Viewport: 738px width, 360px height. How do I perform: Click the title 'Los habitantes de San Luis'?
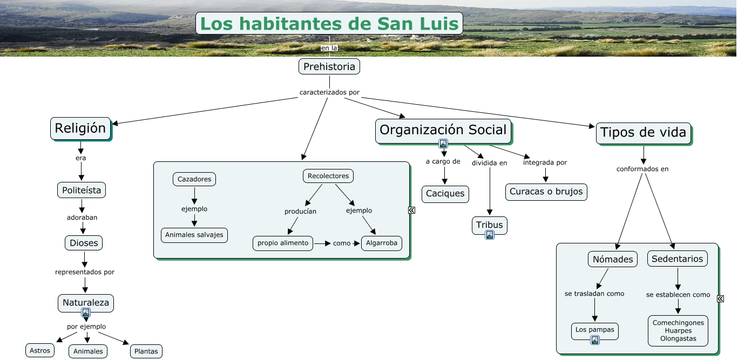point(329,23)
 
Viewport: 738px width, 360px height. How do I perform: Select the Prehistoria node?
point(329,66)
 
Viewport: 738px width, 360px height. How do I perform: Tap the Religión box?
point(80,128)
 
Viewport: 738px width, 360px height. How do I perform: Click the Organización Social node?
point(443,130)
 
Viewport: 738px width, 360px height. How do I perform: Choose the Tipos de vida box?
point(643,133)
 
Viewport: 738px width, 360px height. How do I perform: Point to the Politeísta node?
point(82,190)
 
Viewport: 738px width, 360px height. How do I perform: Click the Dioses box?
point(84,243)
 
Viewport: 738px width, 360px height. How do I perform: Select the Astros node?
point(40,350)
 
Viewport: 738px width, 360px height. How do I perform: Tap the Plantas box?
point(146,351)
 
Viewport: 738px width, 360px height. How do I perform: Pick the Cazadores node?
point(194,179)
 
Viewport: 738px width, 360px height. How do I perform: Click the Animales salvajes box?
point(194,235)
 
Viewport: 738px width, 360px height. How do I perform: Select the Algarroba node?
point(382,243)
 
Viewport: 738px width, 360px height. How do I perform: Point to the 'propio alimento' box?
point(283,243)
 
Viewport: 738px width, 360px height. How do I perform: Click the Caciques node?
point(445,194)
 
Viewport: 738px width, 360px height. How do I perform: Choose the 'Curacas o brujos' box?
point(546,192)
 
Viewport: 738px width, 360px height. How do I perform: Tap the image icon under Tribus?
point(490,235)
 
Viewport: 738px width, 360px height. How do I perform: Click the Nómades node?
point(613,259)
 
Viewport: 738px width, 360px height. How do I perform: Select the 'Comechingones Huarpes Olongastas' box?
point(678,331)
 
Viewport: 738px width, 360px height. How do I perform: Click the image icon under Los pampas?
point(595,339)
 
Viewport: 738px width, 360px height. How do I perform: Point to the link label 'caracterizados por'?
point(329,92)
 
